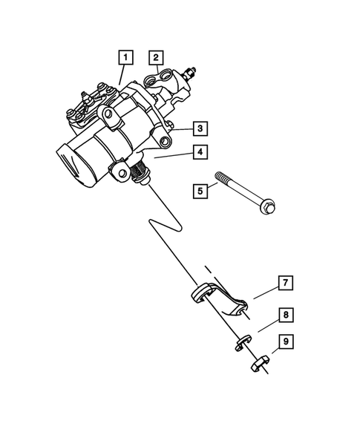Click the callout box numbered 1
126,56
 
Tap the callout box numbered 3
200,128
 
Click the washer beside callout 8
240,344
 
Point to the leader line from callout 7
264,292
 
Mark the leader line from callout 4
174,156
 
